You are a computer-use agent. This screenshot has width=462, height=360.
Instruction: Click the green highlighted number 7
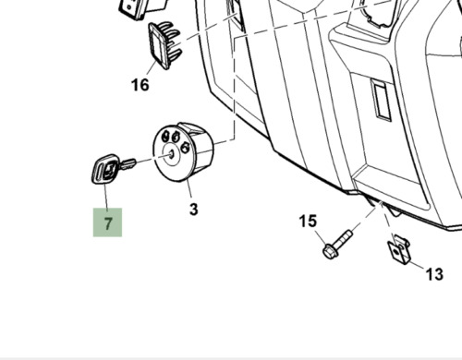(107, 223)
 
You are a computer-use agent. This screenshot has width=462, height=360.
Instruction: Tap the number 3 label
(193, 210)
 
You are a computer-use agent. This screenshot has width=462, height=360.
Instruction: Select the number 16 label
(140, 86)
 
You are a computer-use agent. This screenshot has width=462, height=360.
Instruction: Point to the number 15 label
(308, 222)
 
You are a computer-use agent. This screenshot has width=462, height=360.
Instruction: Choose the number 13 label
(432, 274)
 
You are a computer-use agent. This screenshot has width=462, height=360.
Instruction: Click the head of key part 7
(103, 170)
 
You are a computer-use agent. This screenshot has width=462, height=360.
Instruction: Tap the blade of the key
(128, 165)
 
